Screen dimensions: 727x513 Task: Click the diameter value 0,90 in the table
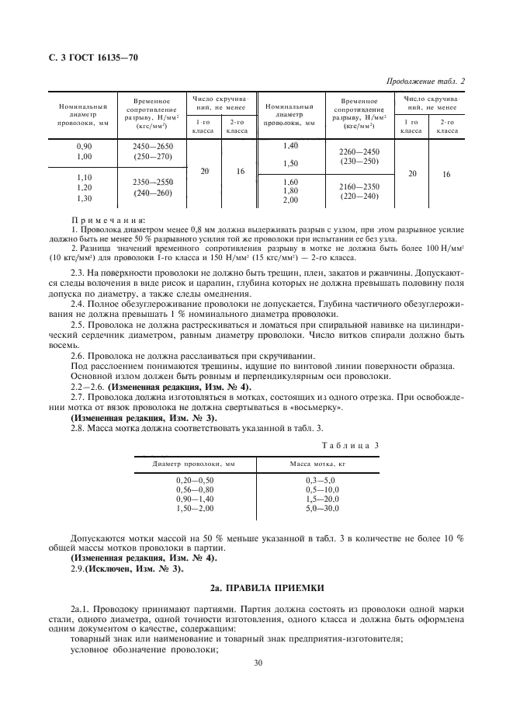83,146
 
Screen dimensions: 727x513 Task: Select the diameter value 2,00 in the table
290,200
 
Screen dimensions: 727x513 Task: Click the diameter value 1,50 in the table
290,163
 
